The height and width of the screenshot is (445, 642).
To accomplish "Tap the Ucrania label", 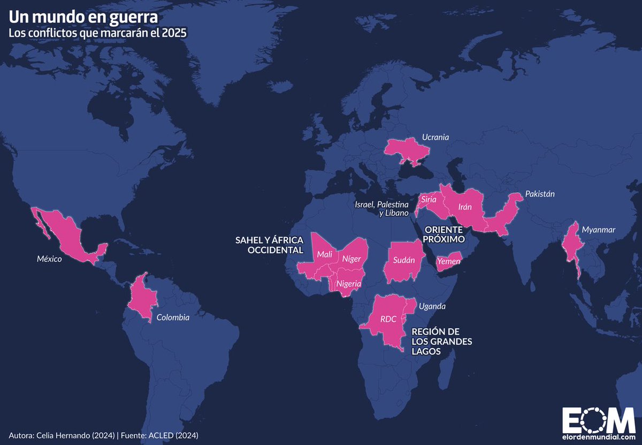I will (x=435, y=137).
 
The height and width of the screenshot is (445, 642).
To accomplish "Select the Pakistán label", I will (x=540, y=194).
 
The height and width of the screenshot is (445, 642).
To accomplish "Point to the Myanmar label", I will (x=599, y=230).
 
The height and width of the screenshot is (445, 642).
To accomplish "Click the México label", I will (x=50, y=259).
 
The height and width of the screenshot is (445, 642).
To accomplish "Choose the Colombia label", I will (x=173, y=317).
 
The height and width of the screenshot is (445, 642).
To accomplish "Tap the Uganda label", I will (x=432, y=307).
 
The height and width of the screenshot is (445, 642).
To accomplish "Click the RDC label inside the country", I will (x=388, y=319).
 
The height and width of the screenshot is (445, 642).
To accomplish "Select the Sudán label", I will (x=403, y=260).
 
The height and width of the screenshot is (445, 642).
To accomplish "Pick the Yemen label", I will (x=448, y=261).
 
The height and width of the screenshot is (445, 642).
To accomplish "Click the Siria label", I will (x=429, y=199).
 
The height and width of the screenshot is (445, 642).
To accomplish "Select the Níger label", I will (x=351, y=259).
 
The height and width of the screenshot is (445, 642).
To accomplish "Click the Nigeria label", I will (x=349, y=283).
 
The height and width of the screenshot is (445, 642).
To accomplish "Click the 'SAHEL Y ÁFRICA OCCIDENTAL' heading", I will (x=269, y=245).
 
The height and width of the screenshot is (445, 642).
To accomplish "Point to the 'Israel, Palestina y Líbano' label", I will (x=381, y=209).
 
